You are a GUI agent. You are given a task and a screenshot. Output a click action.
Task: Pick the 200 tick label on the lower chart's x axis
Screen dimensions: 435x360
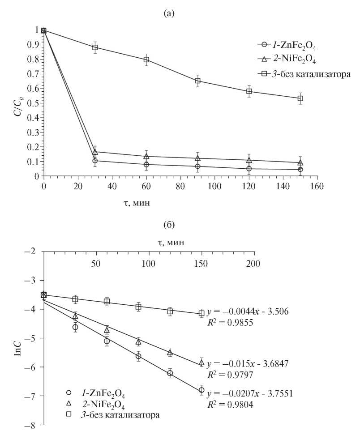(x=253, y=263)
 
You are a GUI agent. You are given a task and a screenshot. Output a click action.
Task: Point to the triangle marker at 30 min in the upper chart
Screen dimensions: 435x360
(x=95, y=152)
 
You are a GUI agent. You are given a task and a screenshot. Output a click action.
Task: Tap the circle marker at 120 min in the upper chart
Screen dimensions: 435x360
(x=249, y=169)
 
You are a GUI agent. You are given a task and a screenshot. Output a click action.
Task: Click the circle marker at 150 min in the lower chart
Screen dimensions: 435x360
(x=201, y=390)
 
